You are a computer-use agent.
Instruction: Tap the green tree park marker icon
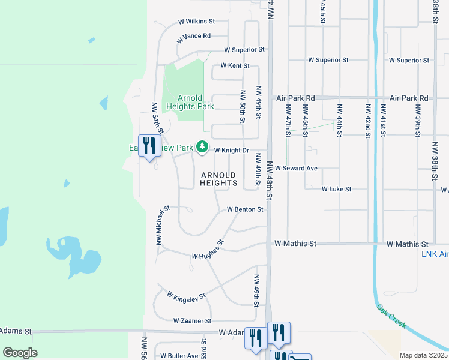(203, 147)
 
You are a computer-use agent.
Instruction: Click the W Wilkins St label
(197, 22)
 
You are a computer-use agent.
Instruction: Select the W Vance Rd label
(194, 37)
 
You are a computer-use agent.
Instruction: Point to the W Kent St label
(235, 65)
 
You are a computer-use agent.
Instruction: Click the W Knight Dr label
(231, 150)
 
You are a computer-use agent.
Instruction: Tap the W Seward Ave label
(296, 169)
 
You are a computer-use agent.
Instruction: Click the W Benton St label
(245, 209)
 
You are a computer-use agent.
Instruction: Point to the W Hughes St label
(208, 250)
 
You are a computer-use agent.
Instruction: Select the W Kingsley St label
(186, 296)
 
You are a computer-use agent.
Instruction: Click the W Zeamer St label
(192, 321)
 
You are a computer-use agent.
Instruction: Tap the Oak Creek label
(391, 316)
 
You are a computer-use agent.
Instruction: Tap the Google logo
(20, 352)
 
